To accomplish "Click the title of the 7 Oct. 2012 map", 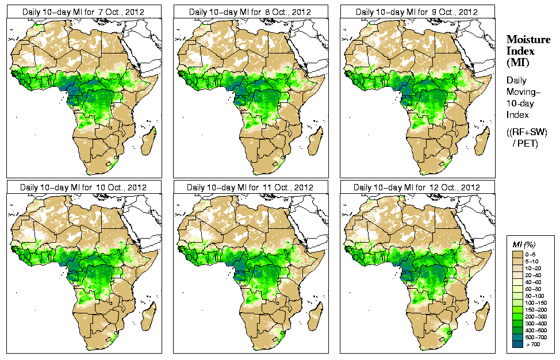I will (x=83, y=12).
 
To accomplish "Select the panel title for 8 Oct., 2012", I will (x=250, y=12).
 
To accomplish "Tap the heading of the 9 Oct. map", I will (x=417, y=12).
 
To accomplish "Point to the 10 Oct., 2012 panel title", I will (x=83, y=187).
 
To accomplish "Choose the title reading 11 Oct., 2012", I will (x=250, y=187).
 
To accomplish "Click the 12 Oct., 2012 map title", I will (x=417, y=187).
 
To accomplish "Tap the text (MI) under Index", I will (x=516, y=62).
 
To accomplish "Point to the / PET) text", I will (x=525, y=143).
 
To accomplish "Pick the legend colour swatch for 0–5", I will (x=517, y=254).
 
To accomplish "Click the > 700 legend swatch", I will (x=517, y=343).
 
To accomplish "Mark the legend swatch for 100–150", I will (x=517, y=302).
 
